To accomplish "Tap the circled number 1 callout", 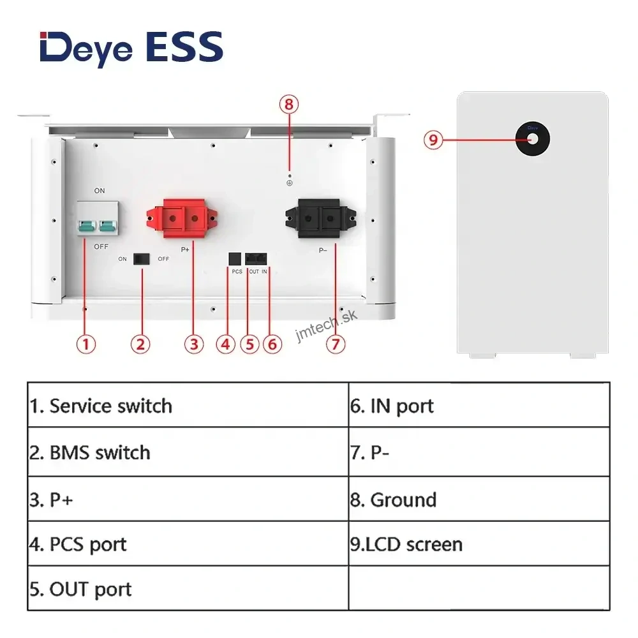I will click(86, 345).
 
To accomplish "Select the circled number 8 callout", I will click(289, 104).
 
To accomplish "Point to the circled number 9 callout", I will click(433, 139).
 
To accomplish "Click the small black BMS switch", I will click(140, 258).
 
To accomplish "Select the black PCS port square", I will click(234, 258).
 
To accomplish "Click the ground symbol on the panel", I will click(290, 182).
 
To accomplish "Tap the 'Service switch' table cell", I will click(188, 406).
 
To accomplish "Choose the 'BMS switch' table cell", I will click(188, 452).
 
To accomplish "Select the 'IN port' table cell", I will click(478, 406).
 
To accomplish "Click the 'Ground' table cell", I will click(478, 500).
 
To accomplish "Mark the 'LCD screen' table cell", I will click(478, 544).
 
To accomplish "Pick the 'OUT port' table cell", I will click(188, 589).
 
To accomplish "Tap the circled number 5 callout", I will click(249, 345).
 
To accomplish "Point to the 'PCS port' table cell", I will click(188, 544).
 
